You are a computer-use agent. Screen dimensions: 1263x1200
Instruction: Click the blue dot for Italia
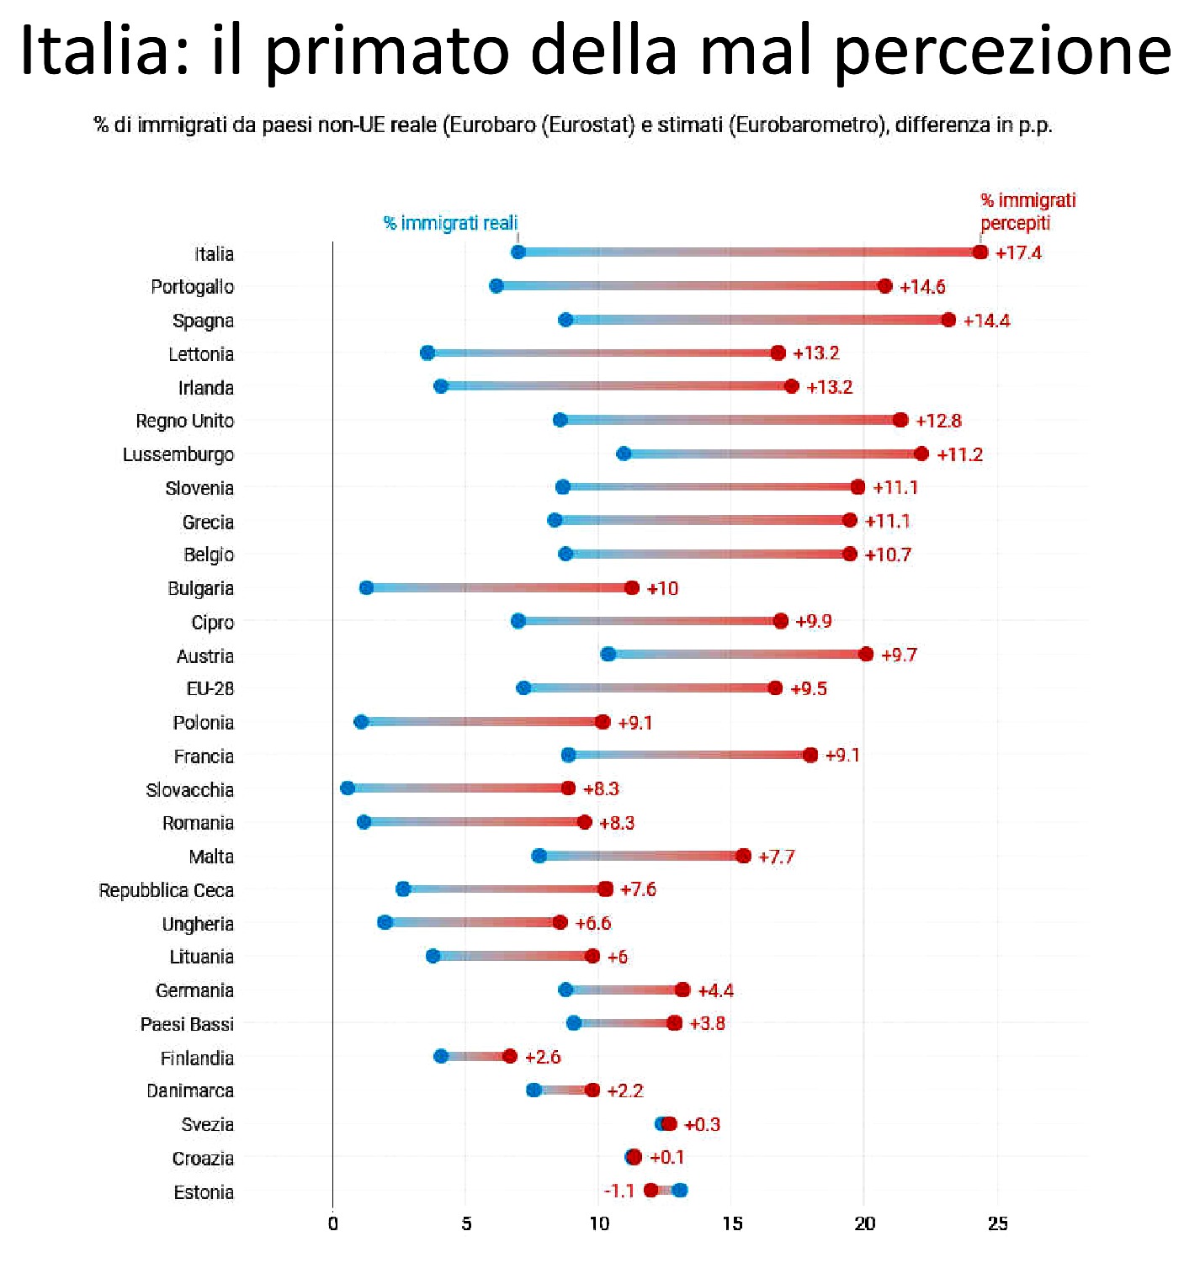coord(518,252)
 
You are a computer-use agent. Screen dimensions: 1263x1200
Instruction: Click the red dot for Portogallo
coord(884,286)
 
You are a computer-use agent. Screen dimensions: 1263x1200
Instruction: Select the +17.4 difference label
coord(1018,253)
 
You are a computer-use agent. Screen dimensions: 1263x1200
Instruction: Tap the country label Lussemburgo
coord(178,455)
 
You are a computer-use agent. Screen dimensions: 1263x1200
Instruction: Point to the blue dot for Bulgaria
coord(366,587)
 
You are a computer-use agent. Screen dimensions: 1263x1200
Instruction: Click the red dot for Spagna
coord(948,320)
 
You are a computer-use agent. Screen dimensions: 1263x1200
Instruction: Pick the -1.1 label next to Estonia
coord(619,1191)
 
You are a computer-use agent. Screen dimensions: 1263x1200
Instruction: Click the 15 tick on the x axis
coord(732,1223)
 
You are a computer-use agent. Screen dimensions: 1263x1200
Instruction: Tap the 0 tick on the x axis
coord(333,1223)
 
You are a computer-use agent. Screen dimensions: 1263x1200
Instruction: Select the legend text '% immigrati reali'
coord(450,223)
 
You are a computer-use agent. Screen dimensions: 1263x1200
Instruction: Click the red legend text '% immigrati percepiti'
coord(1027,211)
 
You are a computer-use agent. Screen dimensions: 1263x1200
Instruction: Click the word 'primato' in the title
coord(387,50)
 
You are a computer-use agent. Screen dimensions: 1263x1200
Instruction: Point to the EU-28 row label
coord(210,689)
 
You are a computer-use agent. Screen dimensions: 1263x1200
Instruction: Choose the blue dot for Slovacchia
coord(348,788)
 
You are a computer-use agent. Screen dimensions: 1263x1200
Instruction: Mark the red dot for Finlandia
coord(510,1056)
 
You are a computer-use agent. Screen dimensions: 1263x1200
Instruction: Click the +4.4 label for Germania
coord(715,990)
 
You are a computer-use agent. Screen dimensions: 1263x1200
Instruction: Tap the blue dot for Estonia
coord(680,1190)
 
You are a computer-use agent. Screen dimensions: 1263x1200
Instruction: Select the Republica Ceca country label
coord(167,890)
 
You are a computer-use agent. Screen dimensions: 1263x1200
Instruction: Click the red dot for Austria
coord(866,654)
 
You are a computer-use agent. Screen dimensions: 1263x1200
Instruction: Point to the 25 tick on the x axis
coord(998,1223)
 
